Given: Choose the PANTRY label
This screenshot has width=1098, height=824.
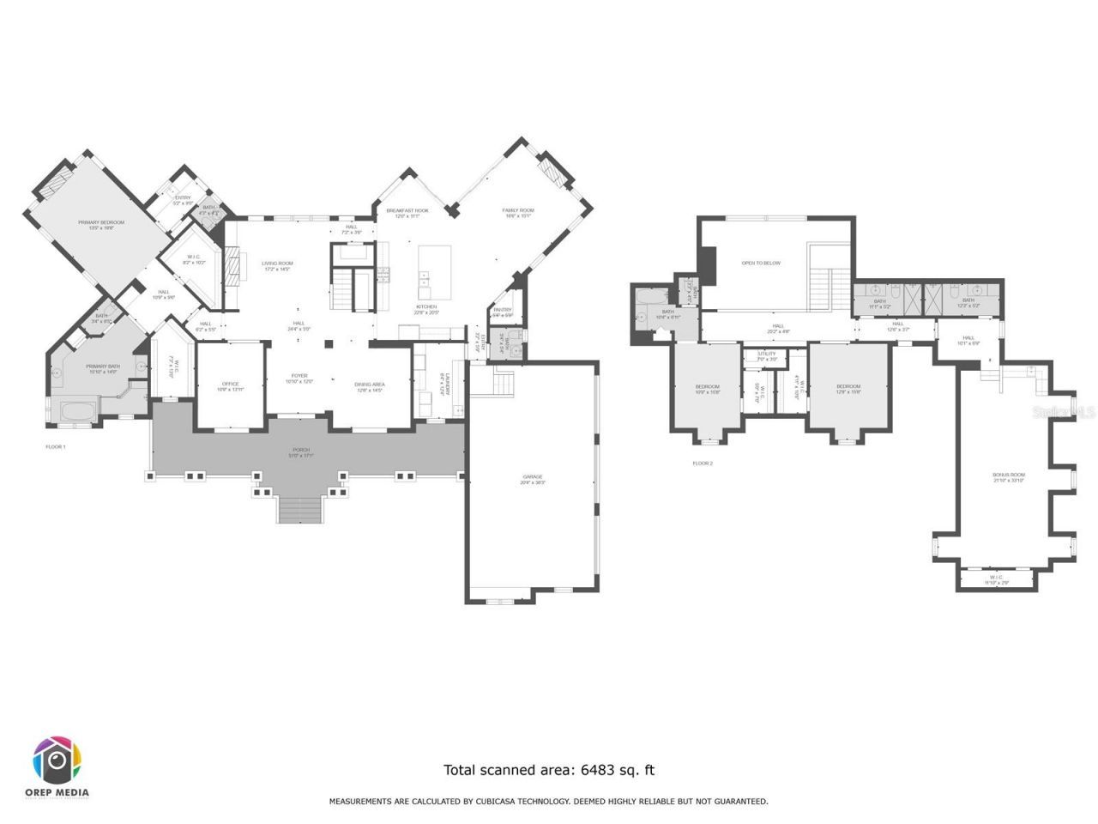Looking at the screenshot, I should pyautogui.click(x=502, y=312).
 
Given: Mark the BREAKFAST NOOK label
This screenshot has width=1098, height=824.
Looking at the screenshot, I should pyautogui.click(x=407, y=213).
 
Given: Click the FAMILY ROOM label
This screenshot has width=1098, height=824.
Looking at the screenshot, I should pyautogui.click(x=518, y=213).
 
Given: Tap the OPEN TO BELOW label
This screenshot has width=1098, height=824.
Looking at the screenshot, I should pyautogui.click(x=761, y=263).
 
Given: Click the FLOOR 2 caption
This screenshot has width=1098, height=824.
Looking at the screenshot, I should pyautogui.click(x=703, y=463).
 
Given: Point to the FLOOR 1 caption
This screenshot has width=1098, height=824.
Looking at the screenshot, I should pyautogui.click(x=56, y=447).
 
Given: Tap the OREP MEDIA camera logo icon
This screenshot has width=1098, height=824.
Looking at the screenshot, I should pyautogui.click(x=57, y=760).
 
